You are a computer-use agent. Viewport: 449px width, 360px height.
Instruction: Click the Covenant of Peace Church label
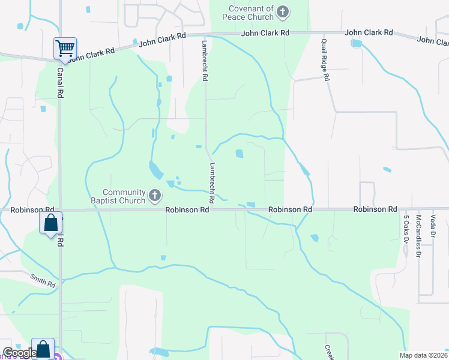point(251,14)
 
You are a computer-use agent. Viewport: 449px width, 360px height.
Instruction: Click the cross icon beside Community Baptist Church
point(155,195)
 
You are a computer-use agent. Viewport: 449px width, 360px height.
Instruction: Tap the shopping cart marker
point(65,48)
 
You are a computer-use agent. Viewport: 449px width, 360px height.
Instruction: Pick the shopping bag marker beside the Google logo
point(43,349)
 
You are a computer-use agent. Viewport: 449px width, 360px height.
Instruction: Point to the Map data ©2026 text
point(424,355)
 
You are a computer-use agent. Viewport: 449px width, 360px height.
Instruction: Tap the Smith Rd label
point(43,279)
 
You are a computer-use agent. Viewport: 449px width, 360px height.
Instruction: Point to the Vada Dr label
point(432,227)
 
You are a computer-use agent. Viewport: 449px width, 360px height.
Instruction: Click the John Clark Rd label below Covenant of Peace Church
point(265,33)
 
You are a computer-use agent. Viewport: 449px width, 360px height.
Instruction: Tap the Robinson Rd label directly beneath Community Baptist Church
point(187,210)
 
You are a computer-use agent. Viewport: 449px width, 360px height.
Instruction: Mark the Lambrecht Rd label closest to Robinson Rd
point(212,182)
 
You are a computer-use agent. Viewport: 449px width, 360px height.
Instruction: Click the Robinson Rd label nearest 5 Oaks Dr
point(375,209)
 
